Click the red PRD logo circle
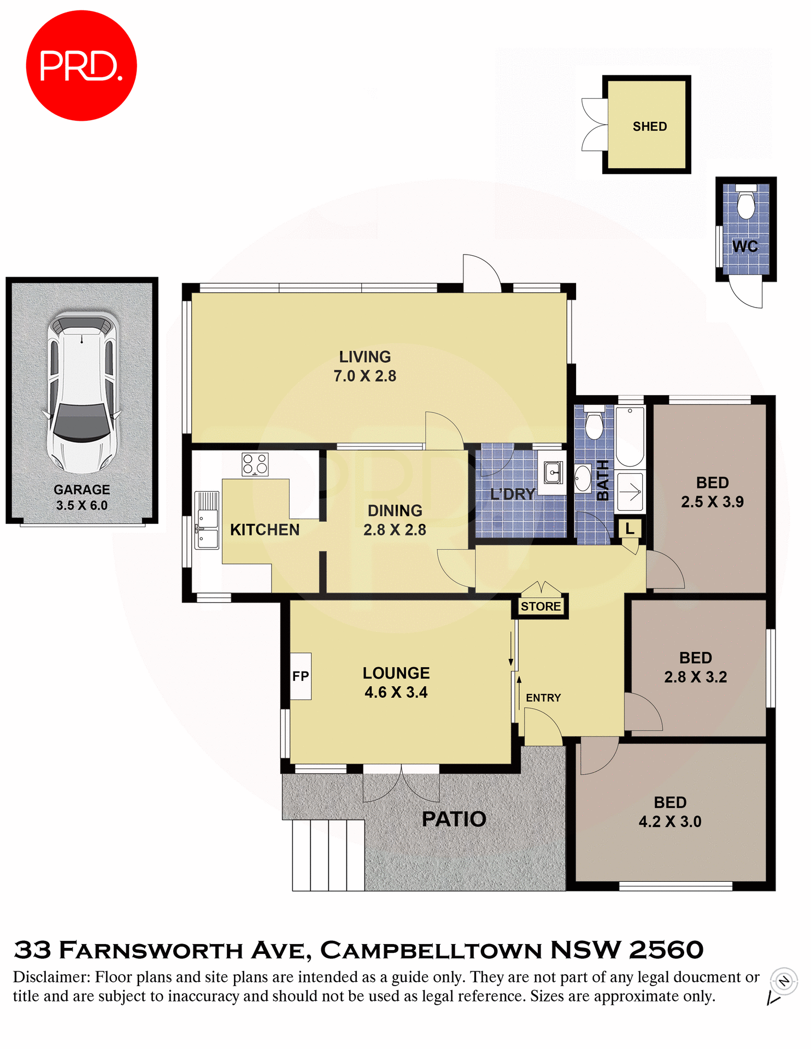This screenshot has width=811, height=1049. [x=81, y=66]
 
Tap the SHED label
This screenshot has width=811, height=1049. [x=649, y=126]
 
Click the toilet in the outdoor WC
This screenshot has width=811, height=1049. [x=745, y=203]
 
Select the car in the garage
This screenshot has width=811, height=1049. [x=83, y=392]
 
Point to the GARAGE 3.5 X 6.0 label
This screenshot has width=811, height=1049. [x=82, y=497]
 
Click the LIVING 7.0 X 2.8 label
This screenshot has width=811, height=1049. [x=365, y=366]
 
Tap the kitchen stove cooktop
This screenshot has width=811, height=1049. [x=255, y=464]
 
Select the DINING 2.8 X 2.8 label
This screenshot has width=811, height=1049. [x=395, y=520]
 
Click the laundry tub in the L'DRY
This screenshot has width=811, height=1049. [x=552, y=472]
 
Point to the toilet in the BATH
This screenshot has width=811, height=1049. [x=593, y=423]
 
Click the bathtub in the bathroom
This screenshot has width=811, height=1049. [x=630, y=436]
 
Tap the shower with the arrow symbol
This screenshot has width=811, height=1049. [x=630, y=492]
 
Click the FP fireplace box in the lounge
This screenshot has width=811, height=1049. [x=300, y=676]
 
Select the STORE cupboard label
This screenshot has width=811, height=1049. [x=540, y=606]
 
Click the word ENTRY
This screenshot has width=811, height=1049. [x=543, y=698]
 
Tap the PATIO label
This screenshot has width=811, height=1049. [x=454, y=819]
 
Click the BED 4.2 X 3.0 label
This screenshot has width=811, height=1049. [x=670, y=812]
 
